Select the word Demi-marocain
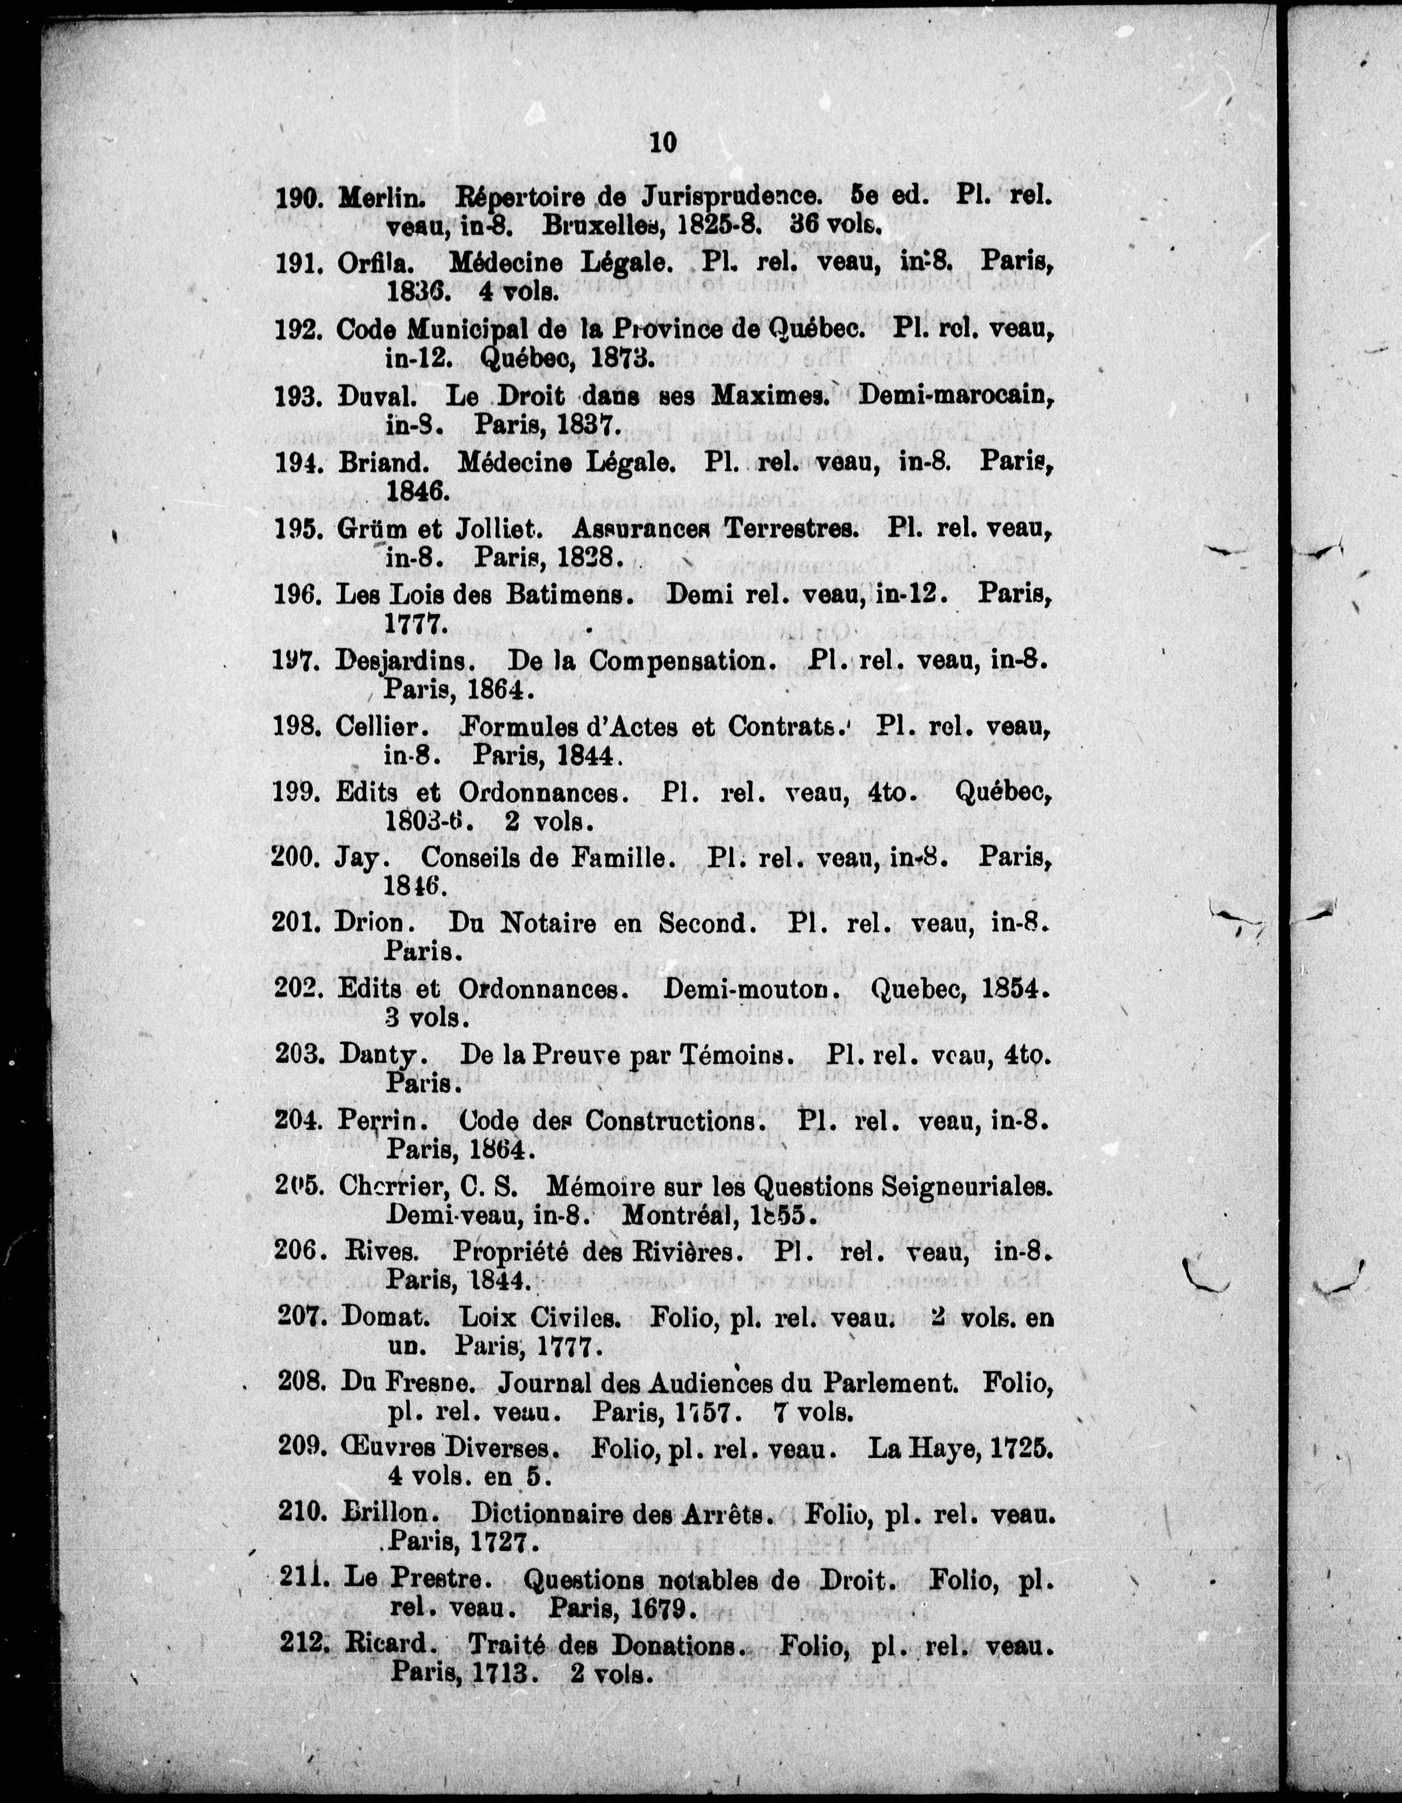pos(956,395)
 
